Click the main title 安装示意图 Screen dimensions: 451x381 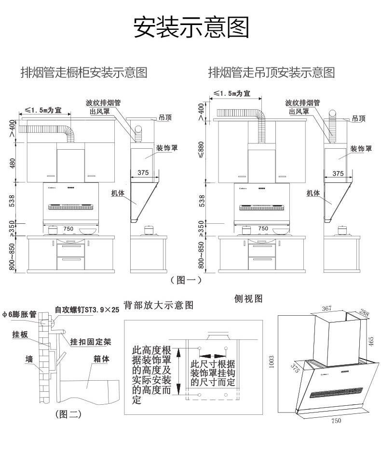click(x=191, y=28)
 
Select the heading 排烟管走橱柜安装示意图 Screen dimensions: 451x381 click(x=83, y=73)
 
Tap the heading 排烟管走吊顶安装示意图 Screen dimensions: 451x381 click(x=271, y=73)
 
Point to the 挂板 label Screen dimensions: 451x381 click(x=20, y=334)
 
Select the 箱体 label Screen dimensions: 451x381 click(x=102, y=359)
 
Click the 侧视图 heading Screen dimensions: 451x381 click(x=248, y=299)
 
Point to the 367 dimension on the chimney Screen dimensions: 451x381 click(x=327, y=309)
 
